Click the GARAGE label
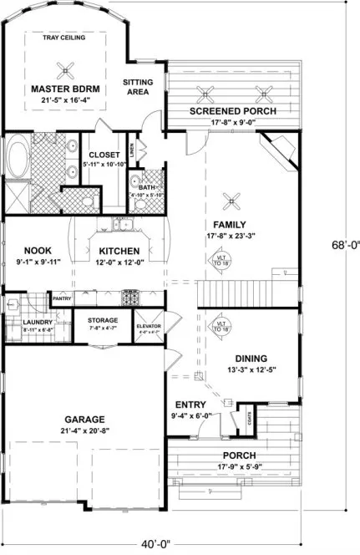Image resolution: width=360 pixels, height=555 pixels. (x=83, y=419)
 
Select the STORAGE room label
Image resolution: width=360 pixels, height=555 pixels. (x=103, y=320)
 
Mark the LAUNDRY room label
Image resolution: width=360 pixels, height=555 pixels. (x=38, y=323)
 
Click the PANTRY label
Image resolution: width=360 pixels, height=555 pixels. (x=62, y=298)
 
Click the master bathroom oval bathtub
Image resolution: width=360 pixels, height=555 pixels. (x=18, y=157)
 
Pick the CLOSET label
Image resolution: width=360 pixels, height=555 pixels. (x=104, y=155)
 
